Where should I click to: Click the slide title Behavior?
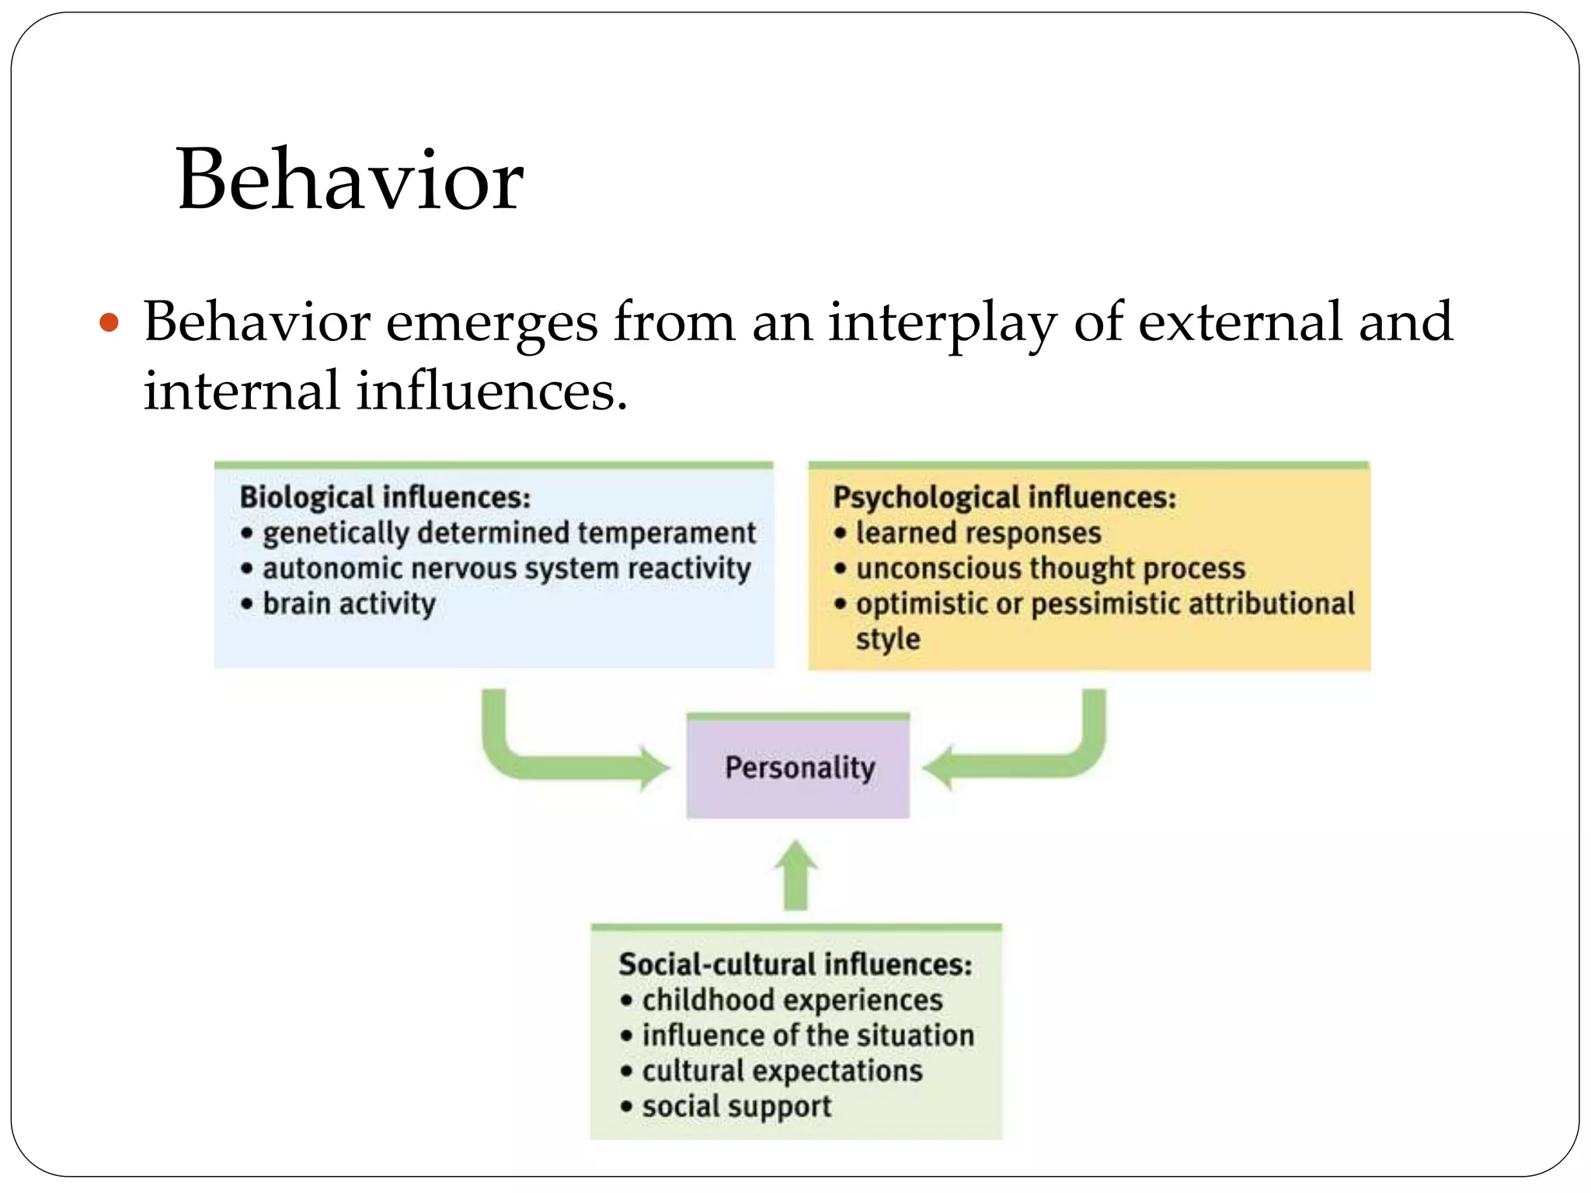click(350, 180)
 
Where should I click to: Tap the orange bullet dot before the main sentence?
click(110, 322)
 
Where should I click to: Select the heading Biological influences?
click(385, 497)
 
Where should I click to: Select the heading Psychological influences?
click(1004, 497)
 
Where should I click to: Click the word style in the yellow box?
click(888, 640)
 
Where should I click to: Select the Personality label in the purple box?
click(799, 767)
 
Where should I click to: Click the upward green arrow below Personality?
click(795, 875)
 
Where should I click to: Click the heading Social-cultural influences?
click(795, 965)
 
